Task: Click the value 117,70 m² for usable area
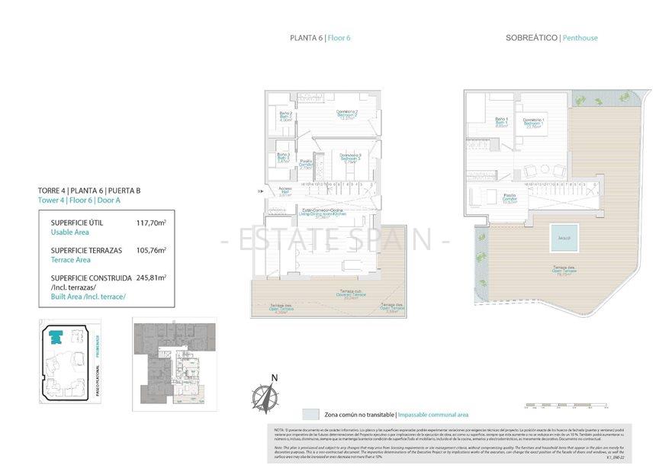[151, 223]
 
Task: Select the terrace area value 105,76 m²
[151, 249]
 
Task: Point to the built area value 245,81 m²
[151, 278]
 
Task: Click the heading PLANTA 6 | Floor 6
[320, 38]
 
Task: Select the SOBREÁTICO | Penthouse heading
[551, 38]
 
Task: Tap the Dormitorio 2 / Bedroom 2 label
[347, 115]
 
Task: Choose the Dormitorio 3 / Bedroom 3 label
[350, 158]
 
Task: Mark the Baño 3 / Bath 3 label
[284, 158]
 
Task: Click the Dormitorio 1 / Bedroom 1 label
[533, 124]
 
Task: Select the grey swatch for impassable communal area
[310, 414]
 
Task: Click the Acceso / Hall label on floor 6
[285, 191]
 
